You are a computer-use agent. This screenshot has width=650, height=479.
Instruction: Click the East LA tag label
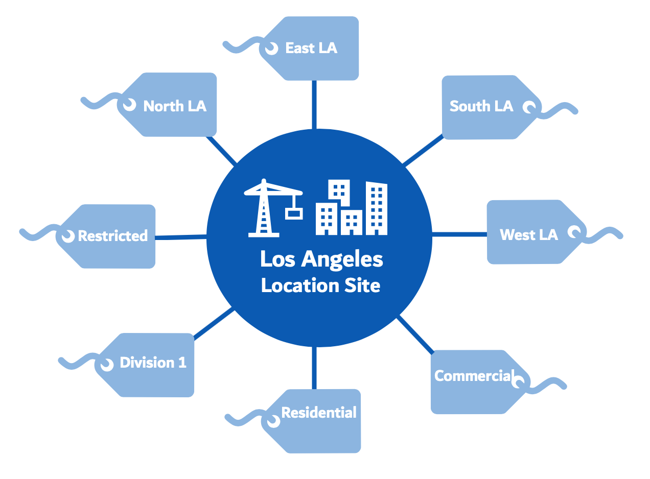tap(311, 48)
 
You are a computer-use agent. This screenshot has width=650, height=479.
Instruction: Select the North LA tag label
tap(175, 106)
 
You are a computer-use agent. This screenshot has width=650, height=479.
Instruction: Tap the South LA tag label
tap(481, 106)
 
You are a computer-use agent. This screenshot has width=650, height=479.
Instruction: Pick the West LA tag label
tap(529, 235)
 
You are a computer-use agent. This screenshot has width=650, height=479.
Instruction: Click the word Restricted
tap(113, 236)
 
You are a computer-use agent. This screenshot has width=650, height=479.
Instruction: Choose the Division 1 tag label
tap(153, 363)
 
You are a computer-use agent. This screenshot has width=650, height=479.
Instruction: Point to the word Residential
tap(319, 413)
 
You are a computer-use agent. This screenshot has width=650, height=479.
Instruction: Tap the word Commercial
tap(474, 376)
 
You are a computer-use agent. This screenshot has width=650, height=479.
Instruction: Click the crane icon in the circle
tap(273, 208)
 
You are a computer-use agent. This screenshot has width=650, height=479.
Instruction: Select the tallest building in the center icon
tap(377, 208)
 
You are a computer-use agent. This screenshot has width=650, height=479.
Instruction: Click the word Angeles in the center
tap(342, 259)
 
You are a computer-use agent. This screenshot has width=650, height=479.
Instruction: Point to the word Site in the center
tap(362, 285)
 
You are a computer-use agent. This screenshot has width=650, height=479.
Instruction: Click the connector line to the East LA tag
tap(314, 105)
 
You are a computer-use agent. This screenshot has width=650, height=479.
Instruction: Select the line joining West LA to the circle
tap(459, 234)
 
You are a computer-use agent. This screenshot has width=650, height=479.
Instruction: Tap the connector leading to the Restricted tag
tap(180, 237)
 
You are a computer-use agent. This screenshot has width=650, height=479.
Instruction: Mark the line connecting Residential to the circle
tap(314, 368)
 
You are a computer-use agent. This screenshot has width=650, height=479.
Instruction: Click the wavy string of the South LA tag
tap(557, 110)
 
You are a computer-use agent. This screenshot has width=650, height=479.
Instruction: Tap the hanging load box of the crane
tap(294, 214)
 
